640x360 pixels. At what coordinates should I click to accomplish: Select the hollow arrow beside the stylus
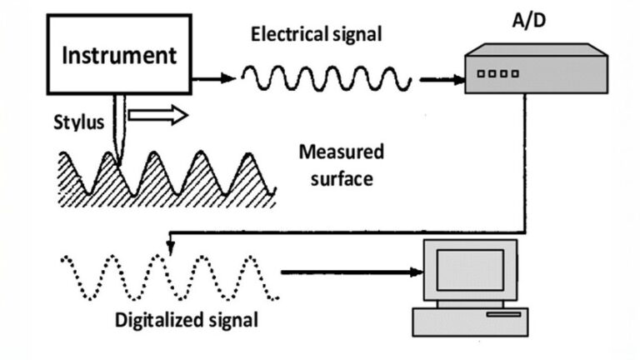[157, 115]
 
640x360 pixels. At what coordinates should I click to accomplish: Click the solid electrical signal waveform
[326, 79]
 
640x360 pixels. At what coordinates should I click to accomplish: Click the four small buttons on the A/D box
[497, 73]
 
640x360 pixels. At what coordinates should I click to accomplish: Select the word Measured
[341, 152]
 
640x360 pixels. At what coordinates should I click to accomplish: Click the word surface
[342, 177]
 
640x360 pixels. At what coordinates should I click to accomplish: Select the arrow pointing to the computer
[350, 272]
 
